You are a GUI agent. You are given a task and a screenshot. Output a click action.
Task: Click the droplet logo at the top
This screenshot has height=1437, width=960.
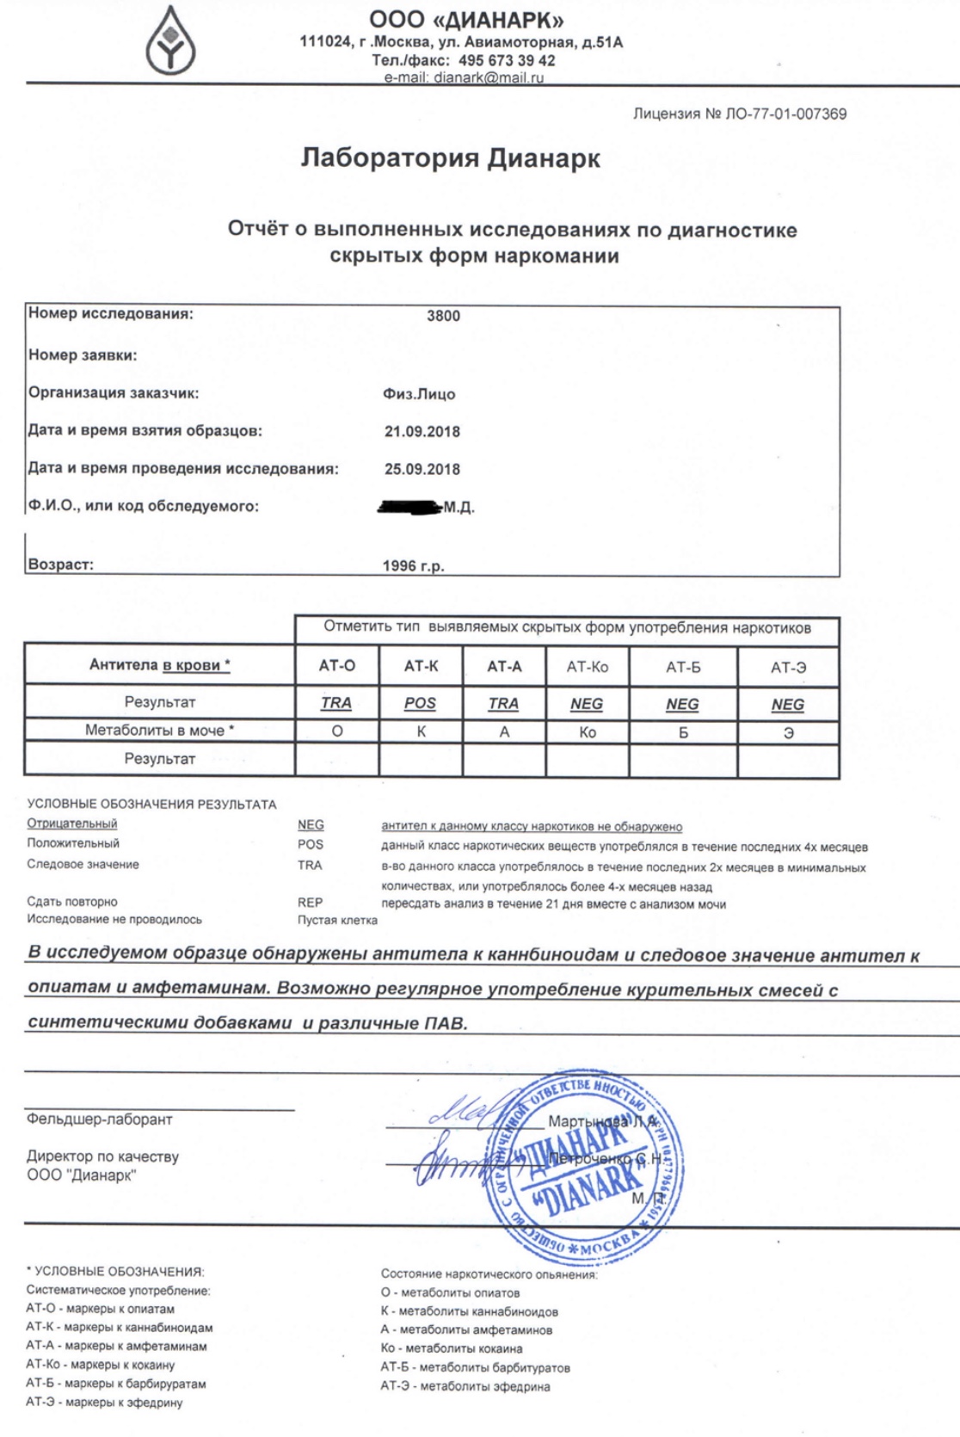click(169, 41)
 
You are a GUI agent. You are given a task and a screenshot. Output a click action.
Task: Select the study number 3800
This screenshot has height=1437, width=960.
click(443, 316)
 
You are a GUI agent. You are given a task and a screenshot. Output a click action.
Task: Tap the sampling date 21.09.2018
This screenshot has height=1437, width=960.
click(422, 432)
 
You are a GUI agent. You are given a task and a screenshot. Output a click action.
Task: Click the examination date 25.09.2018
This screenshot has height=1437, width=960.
click(422, 470)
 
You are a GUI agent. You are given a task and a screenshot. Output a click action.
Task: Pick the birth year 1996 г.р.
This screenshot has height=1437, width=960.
click(413, 566)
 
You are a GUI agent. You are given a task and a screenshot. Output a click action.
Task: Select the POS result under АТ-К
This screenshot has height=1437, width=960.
click(420, 703)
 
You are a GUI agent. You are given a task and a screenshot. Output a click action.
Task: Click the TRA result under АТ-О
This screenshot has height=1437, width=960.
click(335, 703)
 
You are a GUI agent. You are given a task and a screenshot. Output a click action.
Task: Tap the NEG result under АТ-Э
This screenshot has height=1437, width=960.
click(787, 705)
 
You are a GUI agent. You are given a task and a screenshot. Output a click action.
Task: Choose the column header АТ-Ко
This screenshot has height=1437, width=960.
click(587, 667)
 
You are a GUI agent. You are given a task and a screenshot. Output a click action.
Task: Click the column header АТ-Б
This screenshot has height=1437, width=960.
click(683, 667)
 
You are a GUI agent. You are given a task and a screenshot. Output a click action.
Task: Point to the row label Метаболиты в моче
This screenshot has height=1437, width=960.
click(159, 731)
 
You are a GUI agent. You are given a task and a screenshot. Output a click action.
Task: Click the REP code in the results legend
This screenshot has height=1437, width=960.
click(310, 903)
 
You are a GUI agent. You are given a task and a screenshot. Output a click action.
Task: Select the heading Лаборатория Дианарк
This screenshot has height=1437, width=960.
click(450, 158)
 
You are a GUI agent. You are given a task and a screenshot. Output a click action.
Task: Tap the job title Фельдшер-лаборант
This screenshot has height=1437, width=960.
click(99, 1119)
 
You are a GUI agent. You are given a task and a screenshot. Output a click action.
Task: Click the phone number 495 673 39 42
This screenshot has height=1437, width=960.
click(507, 61)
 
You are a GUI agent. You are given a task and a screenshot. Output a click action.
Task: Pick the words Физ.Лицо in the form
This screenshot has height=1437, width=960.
click(419, 394)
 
